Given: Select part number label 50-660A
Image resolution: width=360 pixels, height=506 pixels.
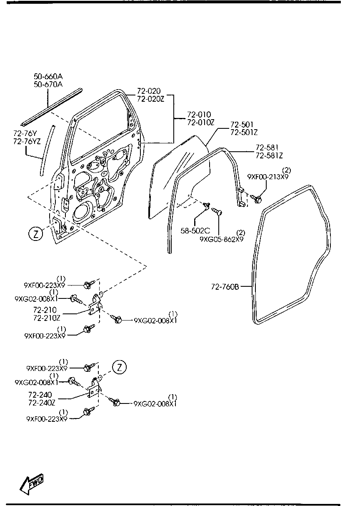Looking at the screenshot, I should (x=48, y=77).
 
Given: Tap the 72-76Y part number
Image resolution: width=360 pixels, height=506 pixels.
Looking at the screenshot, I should (x=25, y=133).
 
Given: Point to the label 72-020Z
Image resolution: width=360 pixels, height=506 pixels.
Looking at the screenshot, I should (x=149, y=99).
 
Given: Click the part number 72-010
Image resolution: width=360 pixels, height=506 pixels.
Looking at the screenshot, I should (x=199, y=115).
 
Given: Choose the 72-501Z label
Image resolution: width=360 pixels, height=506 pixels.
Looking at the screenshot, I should (x=245, y=132).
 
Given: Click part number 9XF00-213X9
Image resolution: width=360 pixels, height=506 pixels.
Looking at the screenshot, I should (x=267, y=176).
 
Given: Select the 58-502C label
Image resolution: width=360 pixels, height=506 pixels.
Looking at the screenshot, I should (x=195, y=230).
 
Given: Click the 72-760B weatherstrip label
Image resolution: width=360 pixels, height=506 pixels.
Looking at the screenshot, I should (x=225, y=287).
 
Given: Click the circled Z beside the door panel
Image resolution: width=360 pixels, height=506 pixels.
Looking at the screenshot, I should (x=36, y=234).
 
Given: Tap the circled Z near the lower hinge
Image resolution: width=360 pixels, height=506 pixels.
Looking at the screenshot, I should (x=120, y=367).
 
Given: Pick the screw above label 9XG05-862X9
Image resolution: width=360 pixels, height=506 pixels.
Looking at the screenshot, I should (x=217, y=212).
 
